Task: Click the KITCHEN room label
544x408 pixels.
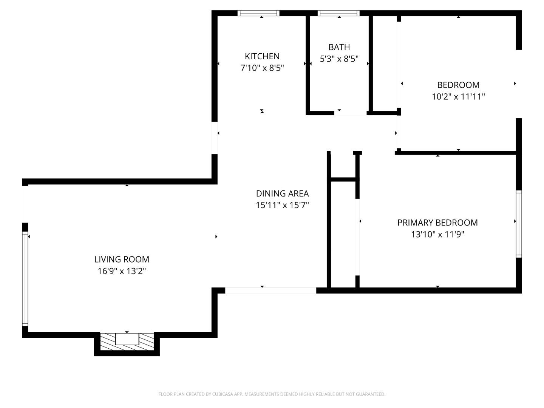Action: coord(262,56)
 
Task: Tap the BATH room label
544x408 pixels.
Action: coord(339,47)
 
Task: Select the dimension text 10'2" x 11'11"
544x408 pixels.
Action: coord(458,97)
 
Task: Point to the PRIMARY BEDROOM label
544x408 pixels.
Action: coord(437,223)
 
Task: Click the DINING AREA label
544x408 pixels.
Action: coord(282,193)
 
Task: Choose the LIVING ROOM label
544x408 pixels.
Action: coord(122,259)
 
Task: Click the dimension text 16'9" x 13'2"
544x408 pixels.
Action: coord(122,271)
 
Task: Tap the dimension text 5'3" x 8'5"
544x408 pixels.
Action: coord(339,59)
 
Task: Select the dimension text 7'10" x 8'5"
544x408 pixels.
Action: coord(262,68)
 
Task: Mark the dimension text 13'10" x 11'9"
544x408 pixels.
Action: coord(437,235)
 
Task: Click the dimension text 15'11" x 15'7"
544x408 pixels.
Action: coord(282,205)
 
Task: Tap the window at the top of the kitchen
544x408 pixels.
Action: coord(259,13)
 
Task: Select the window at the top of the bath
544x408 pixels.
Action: coord(338,13)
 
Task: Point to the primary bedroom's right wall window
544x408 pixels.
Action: coord(519,224)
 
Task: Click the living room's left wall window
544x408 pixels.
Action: coord(25,279)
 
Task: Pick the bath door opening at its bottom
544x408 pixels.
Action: coord(350,113)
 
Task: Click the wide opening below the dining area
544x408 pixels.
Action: coord(270,290)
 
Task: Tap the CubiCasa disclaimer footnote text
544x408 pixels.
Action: coord(272,394)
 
